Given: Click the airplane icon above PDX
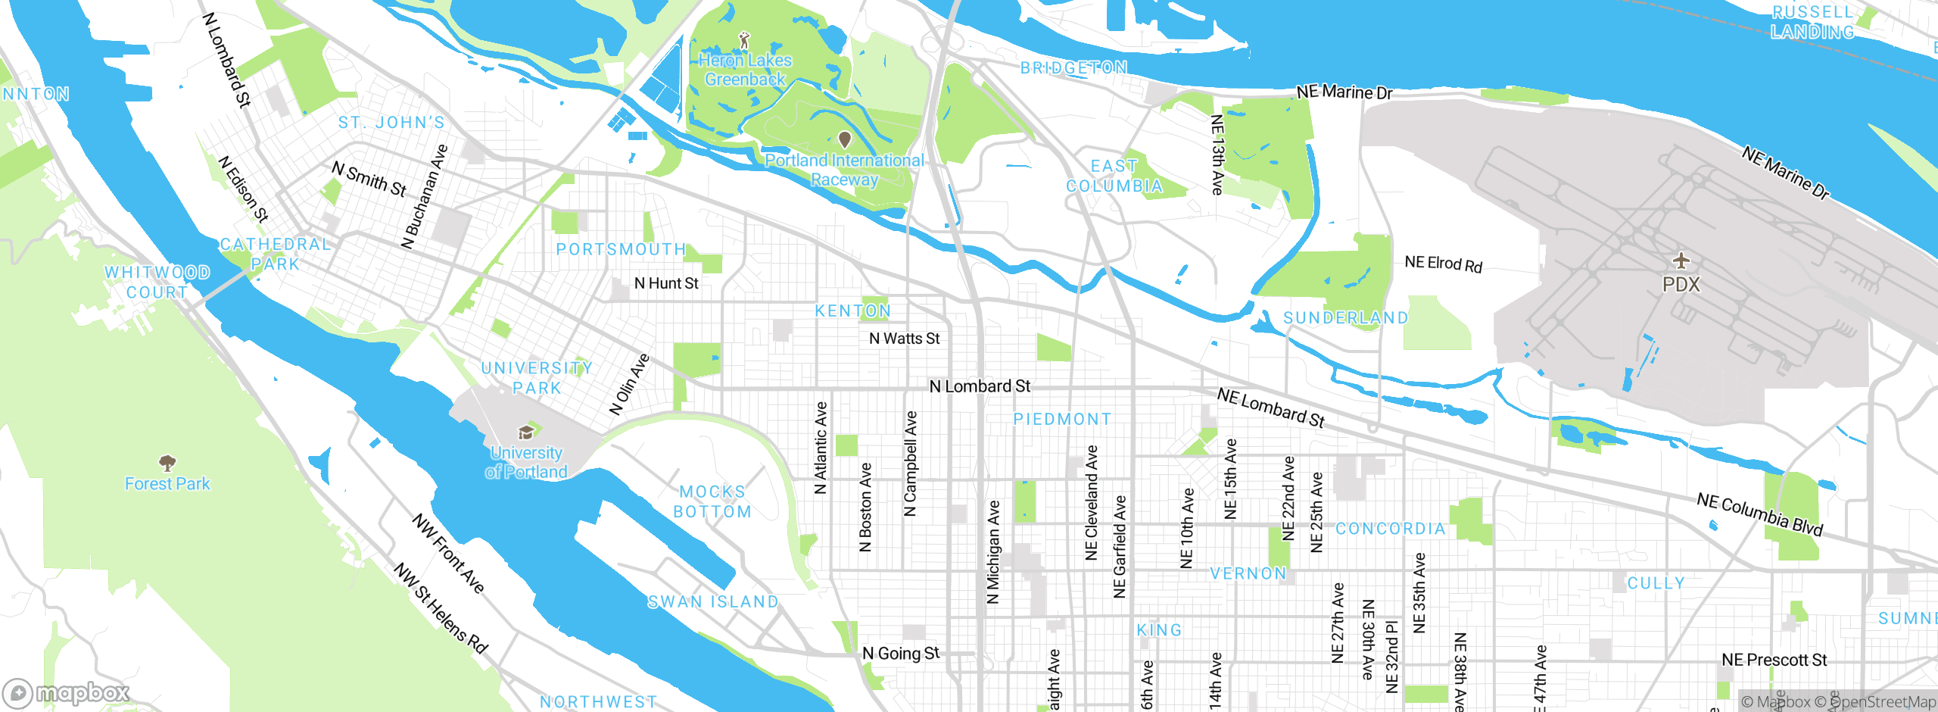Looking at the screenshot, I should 1681,261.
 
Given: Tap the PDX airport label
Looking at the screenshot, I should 1681,285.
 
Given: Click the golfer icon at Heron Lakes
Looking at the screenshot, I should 745,39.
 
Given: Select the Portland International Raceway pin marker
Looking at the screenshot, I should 845,139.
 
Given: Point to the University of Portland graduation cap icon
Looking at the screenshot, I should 526,433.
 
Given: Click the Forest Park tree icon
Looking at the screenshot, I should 167,462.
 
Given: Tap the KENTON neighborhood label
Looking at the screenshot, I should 853,311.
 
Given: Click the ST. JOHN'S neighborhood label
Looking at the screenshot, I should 391,123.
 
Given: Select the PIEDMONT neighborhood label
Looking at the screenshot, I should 1063,419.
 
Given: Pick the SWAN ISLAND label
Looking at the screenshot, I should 713,602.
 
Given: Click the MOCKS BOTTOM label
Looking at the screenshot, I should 713,501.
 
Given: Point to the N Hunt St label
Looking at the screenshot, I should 666,283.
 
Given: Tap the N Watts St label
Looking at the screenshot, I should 904,339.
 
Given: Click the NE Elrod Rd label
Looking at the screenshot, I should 1443,264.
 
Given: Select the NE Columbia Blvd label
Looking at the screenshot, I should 1759,514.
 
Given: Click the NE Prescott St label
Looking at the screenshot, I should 1774,660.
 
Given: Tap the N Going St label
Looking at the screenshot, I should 901,653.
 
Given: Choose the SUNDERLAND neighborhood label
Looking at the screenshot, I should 1346,318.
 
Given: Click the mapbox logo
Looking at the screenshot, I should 67,693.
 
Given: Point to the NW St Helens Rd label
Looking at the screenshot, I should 441,608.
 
